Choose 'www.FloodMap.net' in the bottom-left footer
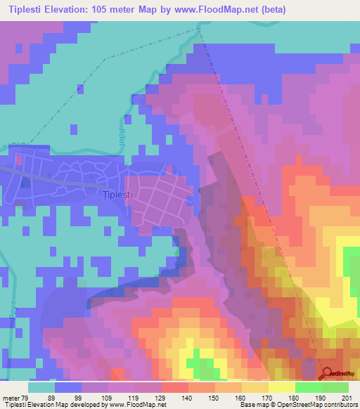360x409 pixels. pos(138,405)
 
